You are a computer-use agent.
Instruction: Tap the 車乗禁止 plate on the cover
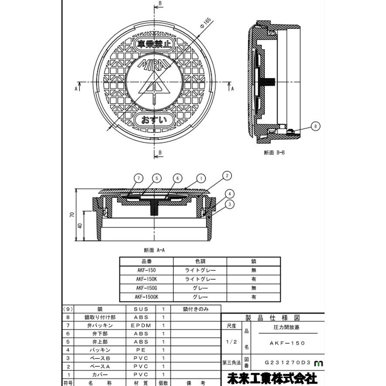tap(154, 44)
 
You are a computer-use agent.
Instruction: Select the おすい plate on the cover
tap(154, 120)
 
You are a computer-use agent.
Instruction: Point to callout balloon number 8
tap(315, 126)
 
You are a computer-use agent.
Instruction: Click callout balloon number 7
tap(139, 178)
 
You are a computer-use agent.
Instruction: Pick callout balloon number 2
tap(227, 176)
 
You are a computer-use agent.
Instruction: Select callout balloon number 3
tap(230, 204)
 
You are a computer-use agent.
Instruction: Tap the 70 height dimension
tap(72, 214)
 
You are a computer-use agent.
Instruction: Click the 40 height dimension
tap(80, 226)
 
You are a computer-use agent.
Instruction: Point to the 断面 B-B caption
tap(274, 152)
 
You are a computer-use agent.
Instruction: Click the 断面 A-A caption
tap(154, 250)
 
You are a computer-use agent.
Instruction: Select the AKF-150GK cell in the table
tap(146, 297)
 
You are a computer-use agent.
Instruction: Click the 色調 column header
tap(200, 261)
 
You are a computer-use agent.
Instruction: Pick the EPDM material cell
tap(141, 325)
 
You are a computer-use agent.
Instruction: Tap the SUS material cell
tap(141, 309)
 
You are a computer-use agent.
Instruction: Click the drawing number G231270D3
tap(288, 362)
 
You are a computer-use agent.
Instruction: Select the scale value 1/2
tap(231, 342)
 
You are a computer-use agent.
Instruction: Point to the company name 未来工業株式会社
tap(272, 378)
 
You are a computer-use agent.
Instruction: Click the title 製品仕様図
tap(273, 318)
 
